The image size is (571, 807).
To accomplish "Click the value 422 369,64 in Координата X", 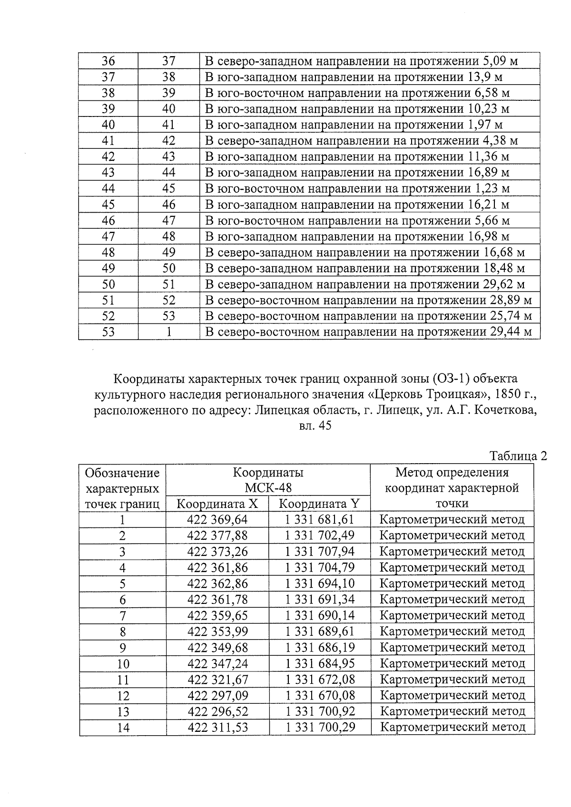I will pyautogui.click(x=217, y=519).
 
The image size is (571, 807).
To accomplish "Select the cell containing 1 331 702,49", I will pyautogui.click(x=320, y=535).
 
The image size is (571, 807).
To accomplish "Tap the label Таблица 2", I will pyautogui.click(x=518, y=456).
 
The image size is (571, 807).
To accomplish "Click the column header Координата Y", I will pyautogui.click(x=319, y=504).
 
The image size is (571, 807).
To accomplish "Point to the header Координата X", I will pyautogui.click(x=217, y=504).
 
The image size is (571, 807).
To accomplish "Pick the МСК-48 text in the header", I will pyautogui.click(x=268, y=488).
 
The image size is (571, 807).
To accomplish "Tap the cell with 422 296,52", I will pyautogui.click(x=217, y=711).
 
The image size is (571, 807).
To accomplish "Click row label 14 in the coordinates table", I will pyautogui.click(x=123, y=728).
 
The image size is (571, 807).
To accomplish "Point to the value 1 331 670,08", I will pyautogui.click(x=320, y=695).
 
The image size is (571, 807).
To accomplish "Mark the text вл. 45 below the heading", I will pyautogui.click(x=315, y=426).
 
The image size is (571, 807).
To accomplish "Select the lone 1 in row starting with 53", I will pyautogui.click(x=168, y=332).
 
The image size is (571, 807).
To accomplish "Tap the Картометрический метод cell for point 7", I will pyautogui.click(x=452, y=615).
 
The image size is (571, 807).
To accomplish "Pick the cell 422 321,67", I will pyautogui.click(x=217, y=680).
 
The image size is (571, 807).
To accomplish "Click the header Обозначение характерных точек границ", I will pyautogui.click(x=122, y=488).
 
